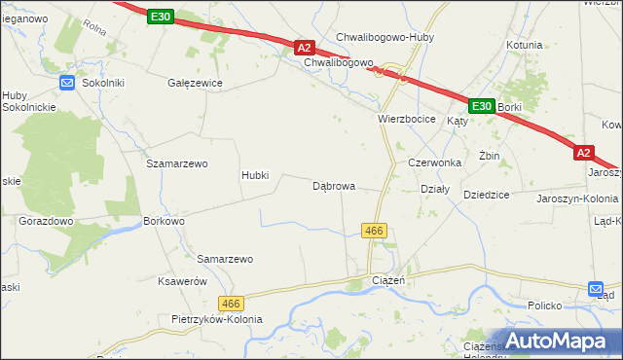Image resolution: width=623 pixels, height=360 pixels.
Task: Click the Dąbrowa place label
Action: point(333,185)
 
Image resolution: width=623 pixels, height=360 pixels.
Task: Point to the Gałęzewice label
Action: point(196,84)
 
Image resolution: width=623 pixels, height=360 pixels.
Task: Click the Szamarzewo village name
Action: point(177,164)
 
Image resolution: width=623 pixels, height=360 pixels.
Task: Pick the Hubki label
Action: point(262,176)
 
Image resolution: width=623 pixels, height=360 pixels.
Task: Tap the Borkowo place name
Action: point(164,222)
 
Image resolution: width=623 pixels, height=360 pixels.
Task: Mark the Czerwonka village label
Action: point(433,162)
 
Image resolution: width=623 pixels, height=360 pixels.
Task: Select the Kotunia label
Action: point(524,45)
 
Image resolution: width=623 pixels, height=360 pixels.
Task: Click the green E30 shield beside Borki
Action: point(481,105)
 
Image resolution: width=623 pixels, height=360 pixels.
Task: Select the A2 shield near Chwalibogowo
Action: point(305,47)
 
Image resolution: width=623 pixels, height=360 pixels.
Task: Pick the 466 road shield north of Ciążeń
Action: point(375,231)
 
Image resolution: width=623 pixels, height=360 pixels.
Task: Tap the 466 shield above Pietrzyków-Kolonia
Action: point(231,303)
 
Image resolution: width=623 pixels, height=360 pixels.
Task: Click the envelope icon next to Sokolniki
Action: point(67,84)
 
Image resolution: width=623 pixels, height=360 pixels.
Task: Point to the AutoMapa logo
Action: point(552,341)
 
